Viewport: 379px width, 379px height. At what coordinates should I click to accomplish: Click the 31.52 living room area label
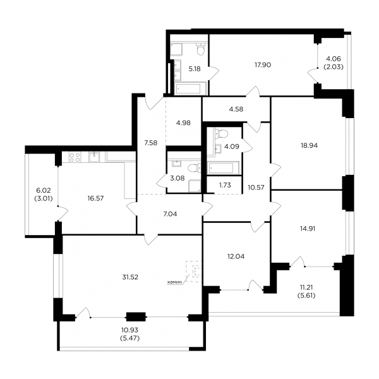pos(130,277)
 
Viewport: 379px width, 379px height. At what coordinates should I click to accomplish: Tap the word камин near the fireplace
pos(174,282)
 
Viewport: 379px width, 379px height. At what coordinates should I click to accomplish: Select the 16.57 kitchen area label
pos(95,198)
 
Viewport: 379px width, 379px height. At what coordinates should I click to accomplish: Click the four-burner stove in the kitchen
pos(75,157)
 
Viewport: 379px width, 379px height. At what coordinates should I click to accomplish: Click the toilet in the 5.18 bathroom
pos(201,49)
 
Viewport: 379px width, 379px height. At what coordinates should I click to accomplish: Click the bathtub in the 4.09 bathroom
pos(223,167)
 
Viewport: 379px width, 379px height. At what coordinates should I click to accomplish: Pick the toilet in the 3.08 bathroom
pos(195,168)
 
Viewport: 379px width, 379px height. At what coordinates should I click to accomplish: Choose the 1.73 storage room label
pos(225,185)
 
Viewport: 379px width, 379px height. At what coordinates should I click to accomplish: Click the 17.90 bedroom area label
pos(263,65)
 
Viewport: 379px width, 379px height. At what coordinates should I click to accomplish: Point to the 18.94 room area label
pos(309,145)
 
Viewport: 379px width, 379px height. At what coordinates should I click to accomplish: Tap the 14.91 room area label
pos(308,229)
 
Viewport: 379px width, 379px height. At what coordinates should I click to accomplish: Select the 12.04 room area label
pos(236,256)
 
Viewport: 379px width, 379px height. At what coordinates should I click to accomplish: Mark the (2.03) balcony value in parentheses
pos(334,67)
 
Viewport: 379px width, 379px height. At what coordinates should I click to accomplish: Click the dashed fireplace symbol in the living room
pos(194,272)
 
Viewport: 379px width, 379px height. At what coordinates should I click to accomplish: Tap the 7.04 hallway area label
pos(170,214)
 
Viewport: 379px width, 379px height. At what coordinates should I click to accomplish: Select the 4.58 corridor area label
pos(236,109)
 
